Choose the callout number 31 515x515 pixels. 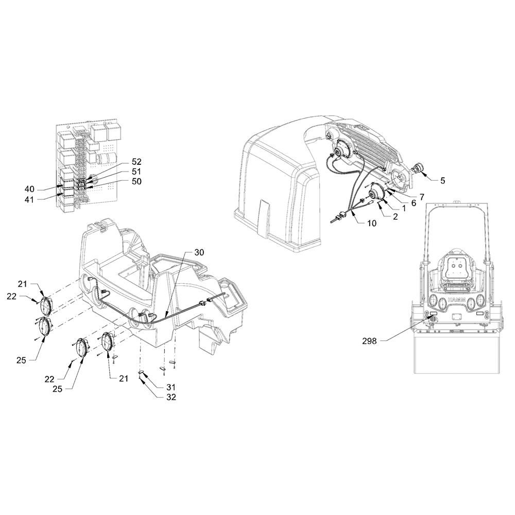click(x=171, y=387)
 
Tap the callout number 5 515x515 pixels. click(x=442, y=181)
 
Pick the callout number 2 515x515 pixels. click(x=395, y=217)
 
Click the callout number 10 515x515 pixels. click(x=372, y=223)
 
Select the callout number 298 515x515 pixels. click(x=370, y=340)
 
